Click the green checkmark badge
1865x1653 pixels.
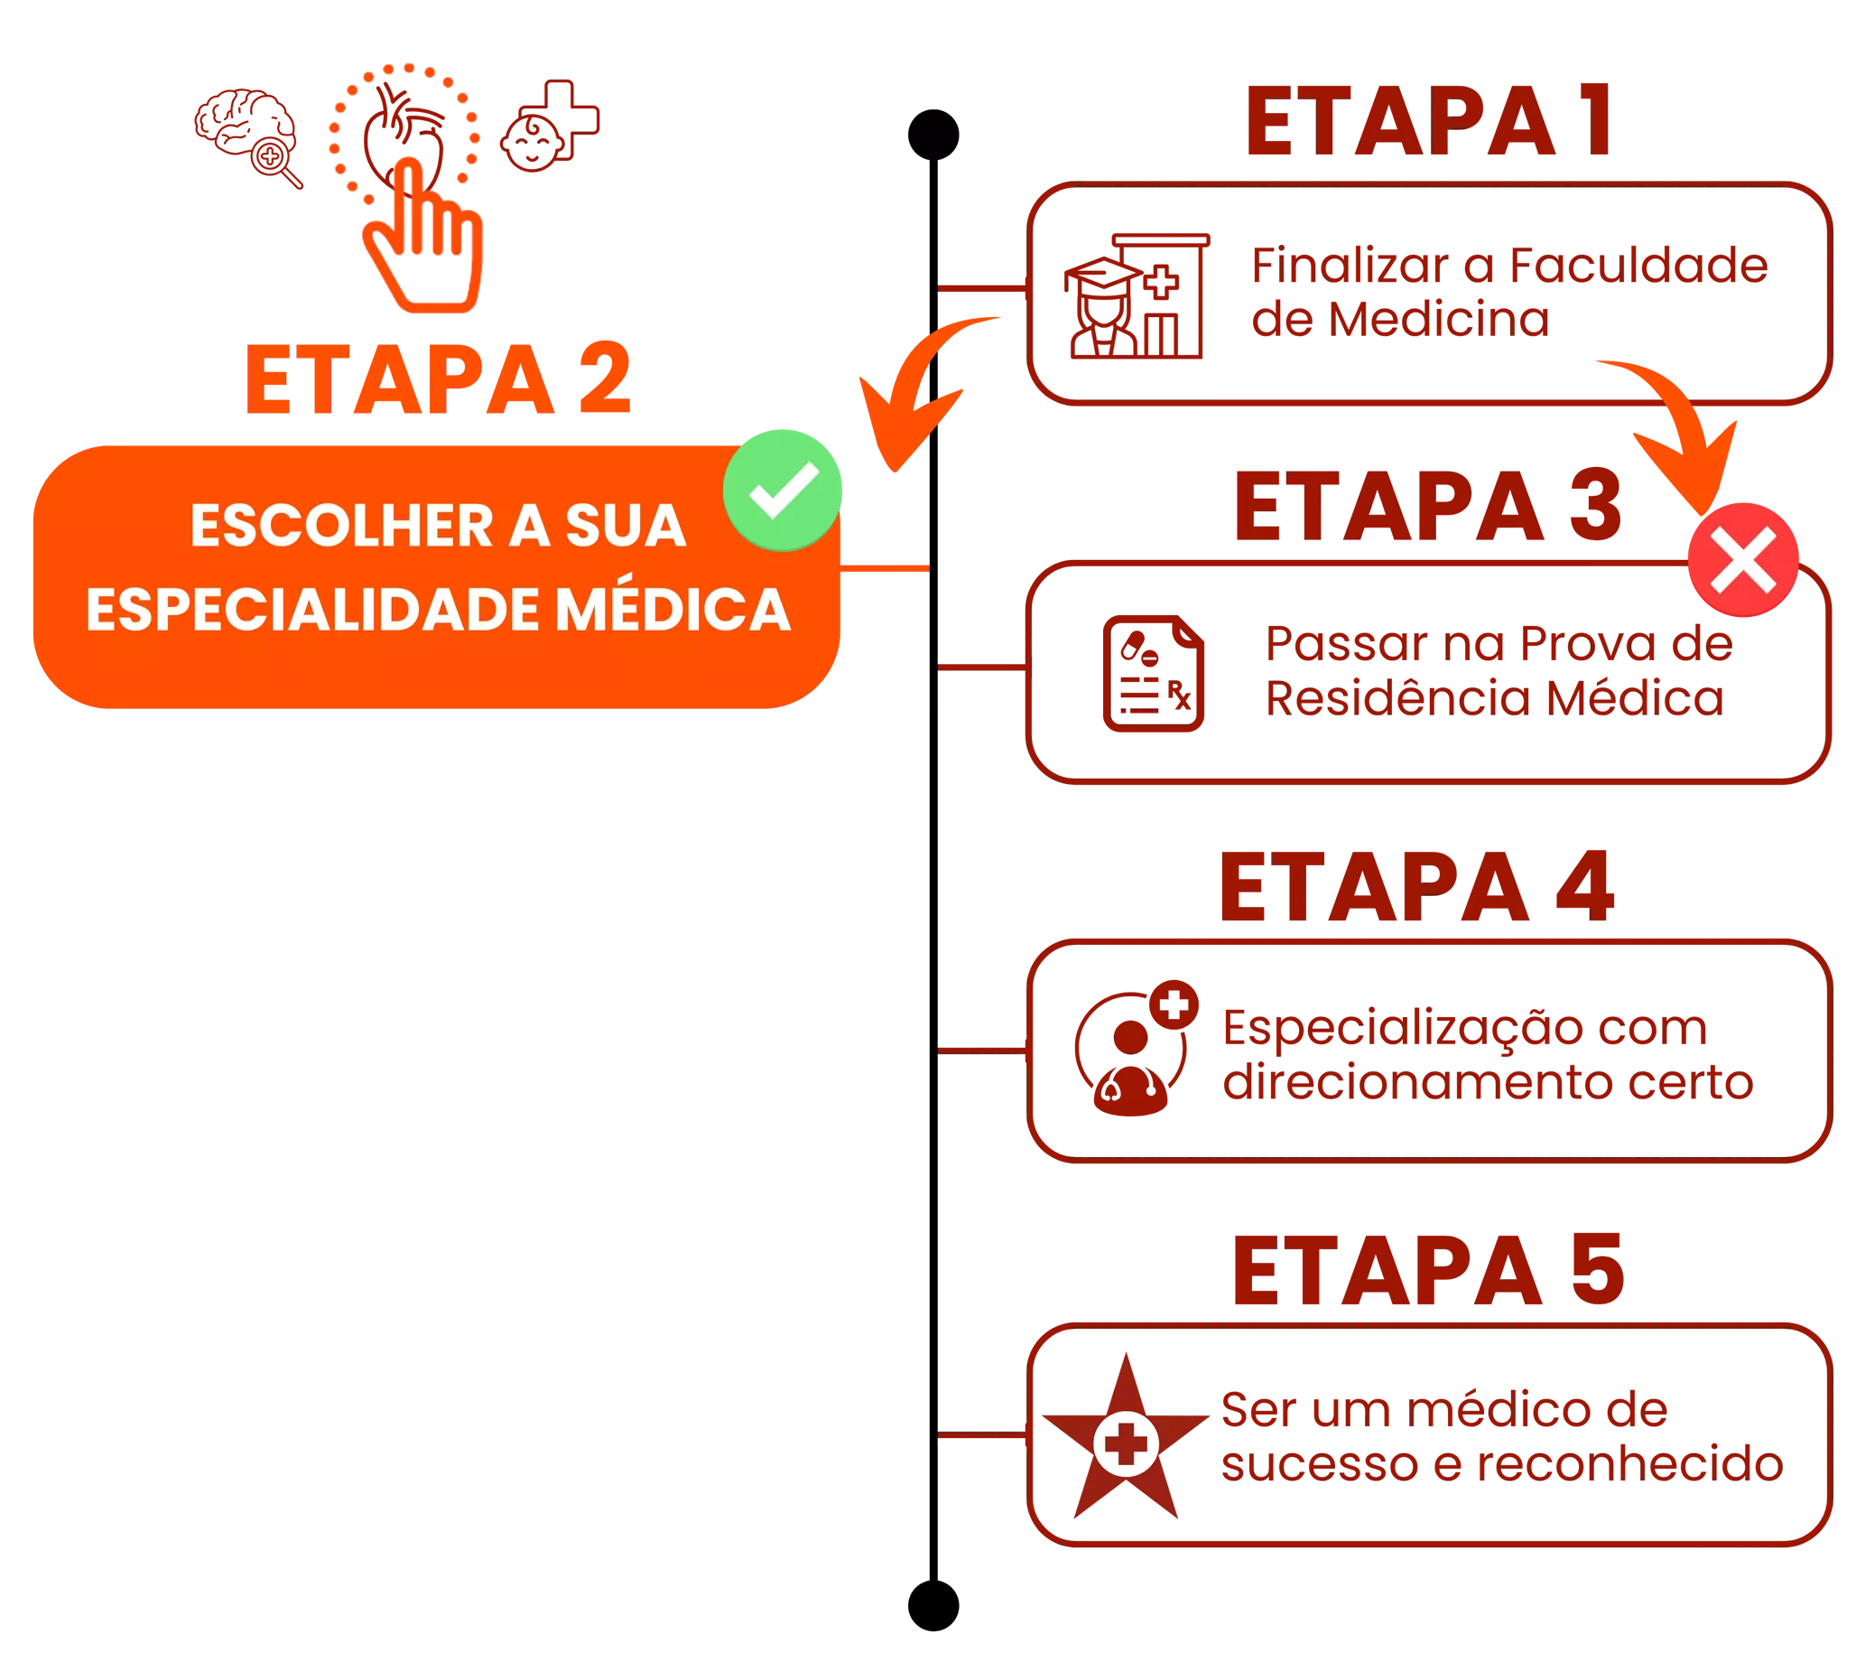783,490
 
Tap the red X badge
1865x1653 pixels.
1743,558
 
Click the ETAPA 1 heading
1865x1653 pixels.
1427,122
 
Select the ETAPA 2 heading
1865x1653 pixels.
439,380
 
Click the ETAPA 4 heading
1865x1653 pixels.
1418,887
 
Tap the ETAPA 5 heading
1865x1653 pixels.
1429,1270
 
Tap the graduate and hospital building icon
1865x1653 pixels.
1137,295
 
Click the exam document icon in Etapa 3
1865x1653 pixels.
1153,675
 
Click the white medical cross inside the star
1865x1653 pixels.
1126,1443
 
